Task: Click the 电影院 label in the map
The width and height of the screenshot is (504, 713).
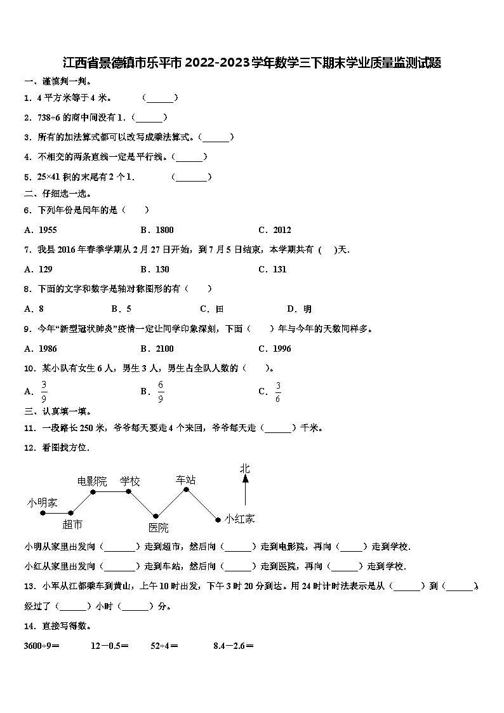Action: [92, 481]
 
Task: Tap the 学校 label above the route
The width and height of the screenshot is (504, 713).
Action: [130, 481]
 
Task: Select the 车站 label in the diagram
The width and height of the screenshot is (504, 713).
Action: [186, 479]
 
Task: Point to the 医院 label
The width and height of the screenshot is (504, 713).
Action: [159, 528]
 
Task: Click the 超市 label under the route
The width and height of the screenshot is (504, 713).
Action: [72, 524]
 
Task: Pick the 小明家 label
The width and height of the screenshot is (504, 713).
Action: [42, 502]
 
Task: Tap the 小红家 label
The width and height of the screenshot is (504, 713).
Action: [239, 519]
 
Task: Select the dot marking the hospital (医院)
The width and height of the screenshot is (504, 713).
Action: [156, 516]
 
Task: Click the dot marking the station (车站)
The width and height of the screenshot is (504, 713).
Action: [186, 490]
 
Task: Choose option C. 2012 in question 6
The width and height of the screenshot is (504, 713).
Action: [275, 230]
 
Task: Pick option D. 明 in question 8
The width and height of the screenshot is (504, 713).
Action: [299, 309]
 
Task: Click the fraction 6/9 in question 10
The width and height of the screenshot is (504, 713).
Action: [161, 392]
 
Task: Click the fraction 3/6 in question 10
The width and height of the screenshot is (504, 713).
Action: [278, 392]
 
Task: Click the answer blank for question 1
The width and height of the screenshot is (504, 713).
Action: [160, 98]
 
